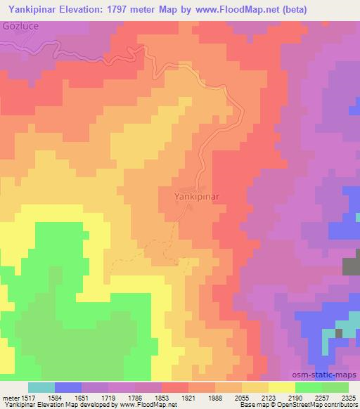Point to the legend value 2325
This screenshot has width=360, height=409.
[347, 397]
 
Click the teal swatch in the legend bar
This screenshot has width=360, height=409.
[41, 387]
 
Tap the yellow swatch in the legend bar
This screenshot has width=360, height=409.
[282, 387]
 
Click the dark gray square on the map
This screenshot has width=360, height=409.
[351, 266]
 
